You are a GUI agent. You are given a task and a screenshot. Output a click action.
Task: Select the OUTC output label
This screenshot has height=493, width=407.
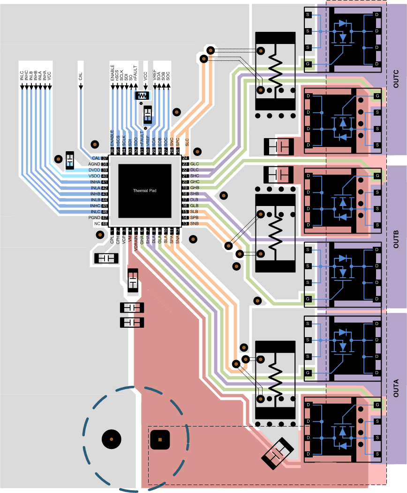pyautogui.click(x=396, y=79)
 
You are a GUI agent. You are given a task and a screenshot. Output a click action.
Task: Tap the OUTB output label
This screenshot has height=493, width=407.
pyautogui.click(x=396, y=239)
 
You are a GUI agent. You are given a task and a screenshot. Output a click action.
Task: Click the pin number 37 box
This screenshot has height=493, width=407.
pyautogui.click(x=105, y=158)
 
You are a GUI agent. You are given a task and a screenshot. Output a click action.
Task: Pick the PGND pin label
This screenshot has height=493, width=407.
pyautogui.click(x=94, y=218)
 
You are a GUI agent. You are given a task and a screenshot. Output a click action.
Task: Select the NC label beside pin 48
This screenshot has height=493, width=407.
pyautogui.click(x=97, y=224)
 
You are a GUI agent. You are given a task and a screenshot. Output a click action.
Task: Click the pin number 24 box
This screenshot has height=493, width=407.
pyautogui.click(x=185, y=158)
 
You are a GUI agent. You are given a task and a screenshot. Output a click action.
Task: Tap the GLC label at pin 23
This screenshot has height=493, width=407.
pyautogui.click(x=195, y=164)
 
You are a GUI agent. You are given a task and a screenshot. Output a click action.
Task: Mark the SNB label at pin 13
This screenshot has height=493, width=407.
pyautogui.click(x=195, y=224)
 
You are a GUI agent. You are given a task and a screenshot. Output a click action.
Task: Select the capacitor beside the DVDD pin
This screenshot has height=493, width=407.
pyautogui.click(x=70, y=161)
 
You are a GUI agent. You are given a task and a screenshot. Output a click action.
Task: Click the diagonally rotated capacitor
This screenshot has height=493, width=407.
pyautogui.click(x=278, y=452)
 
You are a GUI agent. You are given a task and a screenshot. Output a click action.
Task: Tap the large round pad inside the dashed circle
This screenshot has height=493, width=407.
pyautogui.click(x=112, y=439)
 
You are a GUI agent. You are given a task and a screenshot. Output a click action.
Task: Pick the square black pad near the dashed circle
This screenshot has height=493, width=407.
pyautogui.click(x=160, y=440)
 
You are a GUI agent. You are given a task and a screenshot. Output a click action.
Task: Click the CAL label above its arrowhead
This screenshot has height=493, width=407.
pyautogui.click(x=80, y=76)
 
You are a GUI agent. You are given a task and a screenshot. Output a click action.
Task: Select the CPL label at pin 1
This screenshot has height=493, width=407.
pyautogui.click(x=112, y=240)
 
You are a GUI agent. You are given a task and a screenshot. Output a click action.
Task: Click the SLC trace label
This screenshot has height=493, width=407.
pyautogui.click(x=188, y=143)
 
